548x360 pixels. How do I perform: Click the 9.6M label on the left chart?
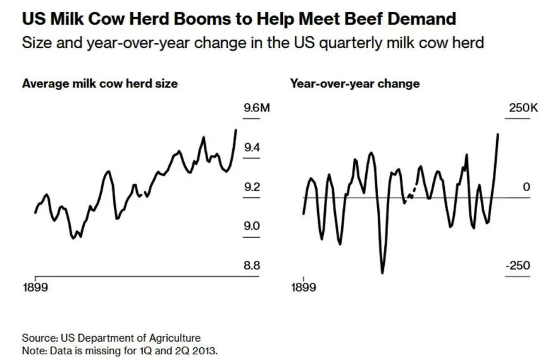(256, 108)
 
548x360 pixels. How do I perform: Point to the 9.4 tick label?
(251, 147)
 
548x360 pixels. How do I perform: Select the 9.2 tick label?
(251, 187)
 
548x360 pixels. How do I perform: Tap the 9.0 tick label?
(251, 226)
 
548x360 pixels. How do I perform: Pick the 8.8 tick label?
(251, 265)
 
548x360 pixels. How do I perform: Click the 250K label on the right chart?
(523, 108)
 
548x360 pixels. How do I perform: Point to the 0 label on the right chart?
(526, 187)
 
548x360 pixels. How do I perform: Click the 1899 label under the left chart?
(35, 288)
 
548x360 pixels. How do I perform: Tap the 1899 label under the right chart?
(304, 288)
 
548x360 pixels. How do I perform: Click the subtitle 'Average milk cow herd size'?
(99, 84)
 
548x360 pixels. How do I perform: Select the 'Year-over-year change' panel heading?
(354, 84)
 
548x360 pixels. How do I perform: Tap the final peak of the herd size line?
(236, 130)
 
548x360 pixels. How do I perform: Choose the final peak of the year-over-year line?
(498, 134)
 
